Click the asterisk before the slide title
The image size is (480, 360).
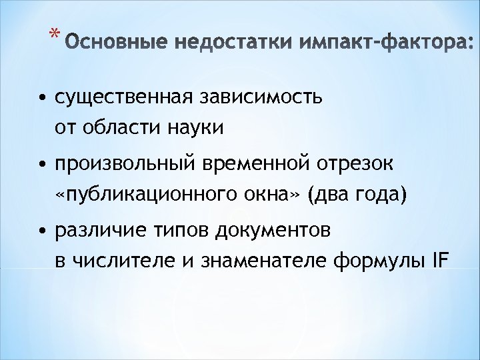[53, 34]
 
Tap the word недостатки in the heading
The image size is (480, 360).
[215, 45]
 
